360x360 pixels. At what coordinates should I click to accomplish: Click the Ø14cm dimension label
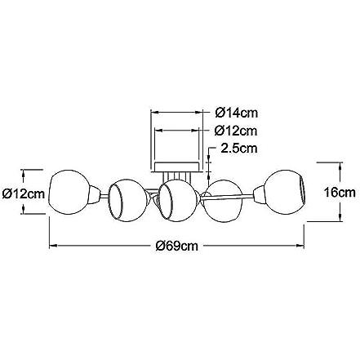236,113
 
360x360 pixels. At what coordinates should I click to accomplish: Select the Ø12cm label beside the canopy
236,131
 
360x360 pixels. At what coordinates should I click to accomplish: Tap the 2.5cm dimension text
239,149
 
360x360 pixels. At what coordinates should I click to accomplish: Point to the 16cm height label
340,193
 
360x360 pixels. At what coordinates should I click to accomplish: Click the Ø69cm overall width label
177,246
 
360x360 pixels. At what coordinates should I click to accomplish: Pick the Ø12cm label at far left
24,193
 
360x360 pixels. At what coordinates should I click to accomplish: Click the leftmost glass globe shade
69,192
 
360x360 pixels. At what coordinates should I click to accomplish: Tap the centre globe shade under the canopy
178,200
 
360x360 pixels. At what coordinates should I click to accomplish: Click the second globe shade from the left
128,199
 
